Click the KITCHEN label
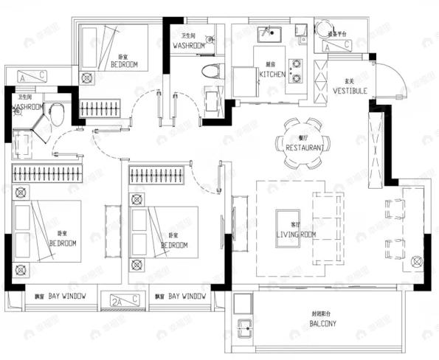[x=272, y=75]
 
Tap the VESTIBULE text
[x=350, y=91]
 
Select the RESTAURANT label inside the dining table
[x=305, y=148]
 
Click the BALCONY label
[x=323, y=324]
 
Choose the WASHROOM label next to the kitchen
[x=188, y=46]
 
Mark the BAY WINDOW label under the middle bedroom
[x=187, y=296]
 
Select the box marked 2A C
[x=125, y=299]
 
